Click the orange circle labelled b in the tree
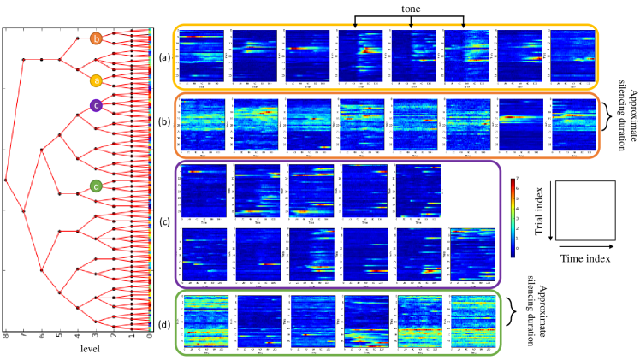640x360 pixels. pos(96,38)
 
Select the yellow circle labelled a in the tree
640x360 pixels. pos(96,80)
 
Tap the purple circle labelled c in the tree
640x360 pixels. pos(96,106)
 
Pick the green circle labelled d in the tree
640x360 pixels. pos(96,186)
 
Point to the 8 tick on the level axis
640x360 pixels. pos(6,337)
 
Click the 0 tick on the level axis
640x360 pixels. pos(151,337)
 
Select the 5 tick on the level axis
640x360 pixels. pos(60,337)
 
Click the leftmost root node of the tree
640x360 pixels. pos(6,180)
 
